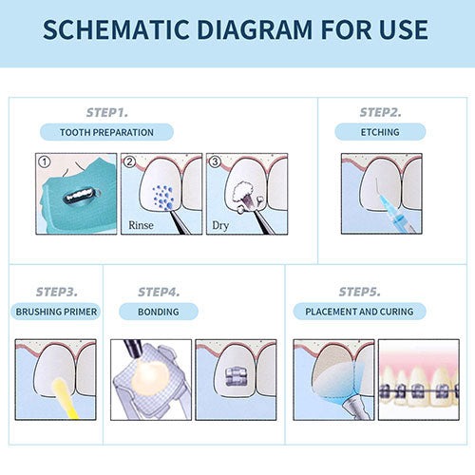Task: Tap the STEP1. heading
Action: tap(107, 112)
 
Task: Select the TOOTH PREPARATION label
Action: tap(106, 132)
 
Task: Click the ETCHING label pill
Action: tap(380, 132)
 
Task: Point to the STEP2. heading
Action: tap(380, 112)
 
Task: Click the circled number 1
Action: tap(45, 161)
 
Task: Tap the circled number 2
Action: tap(129, 161)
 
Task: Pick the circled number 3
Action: tap(215, 161)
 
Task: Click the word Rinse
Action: tap(141, 225)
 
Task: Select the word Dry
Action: tap(220, 226)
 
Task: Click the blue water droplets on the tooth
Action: tap(163, 198)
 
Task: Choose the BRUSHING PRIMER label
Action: tap(56, 312)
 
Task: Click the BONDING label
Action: tap(159, 312)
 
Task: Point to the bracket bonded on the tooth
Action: tap(237, 377)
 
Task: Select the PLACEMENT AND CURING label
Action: tap(359, 312)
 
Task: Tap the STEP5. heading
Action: tap(359, 292)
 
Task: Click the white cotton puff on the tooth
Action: tap(243, 192)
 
